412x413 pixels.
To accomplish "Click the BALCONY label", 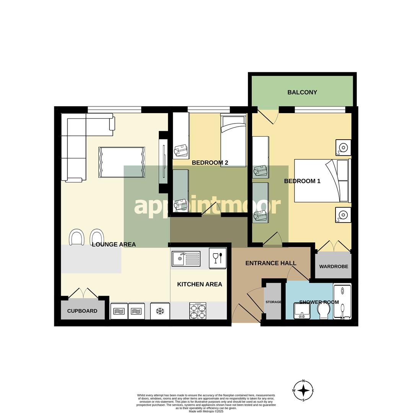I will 302,92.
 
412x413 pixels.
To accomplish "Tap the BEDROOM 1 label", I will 302,181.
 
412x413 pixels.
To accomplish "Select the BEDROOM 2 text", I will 210,163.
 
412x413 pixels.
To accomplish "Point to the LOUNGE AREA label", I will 114,244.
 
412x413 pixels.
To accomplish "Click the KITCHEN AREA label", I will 199,285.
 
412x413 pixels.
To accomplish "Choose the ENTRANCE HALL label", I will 270,263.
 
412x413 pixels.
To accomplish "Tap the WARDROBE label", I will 334,267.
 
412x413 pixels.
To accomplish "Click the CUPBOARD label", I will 82,311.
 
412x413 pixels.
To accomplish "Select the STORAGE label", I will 273,302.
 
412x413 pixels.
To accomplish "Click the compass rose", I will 303,390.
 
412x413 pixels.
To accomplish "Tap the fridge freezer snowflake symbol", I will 160,311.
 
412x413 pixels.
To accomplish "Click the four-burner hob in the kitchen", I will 198,311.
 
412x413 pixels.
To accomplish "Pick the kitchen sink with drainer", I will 186,259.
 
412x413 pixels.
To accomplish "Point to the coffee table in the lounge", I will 122,162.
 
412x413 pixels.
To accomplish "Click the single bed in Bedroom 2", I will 233,140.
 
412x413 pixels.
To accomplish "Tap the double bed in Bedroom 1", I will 321,180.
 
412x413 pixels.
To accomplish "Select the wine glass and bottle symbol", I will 218,258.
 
